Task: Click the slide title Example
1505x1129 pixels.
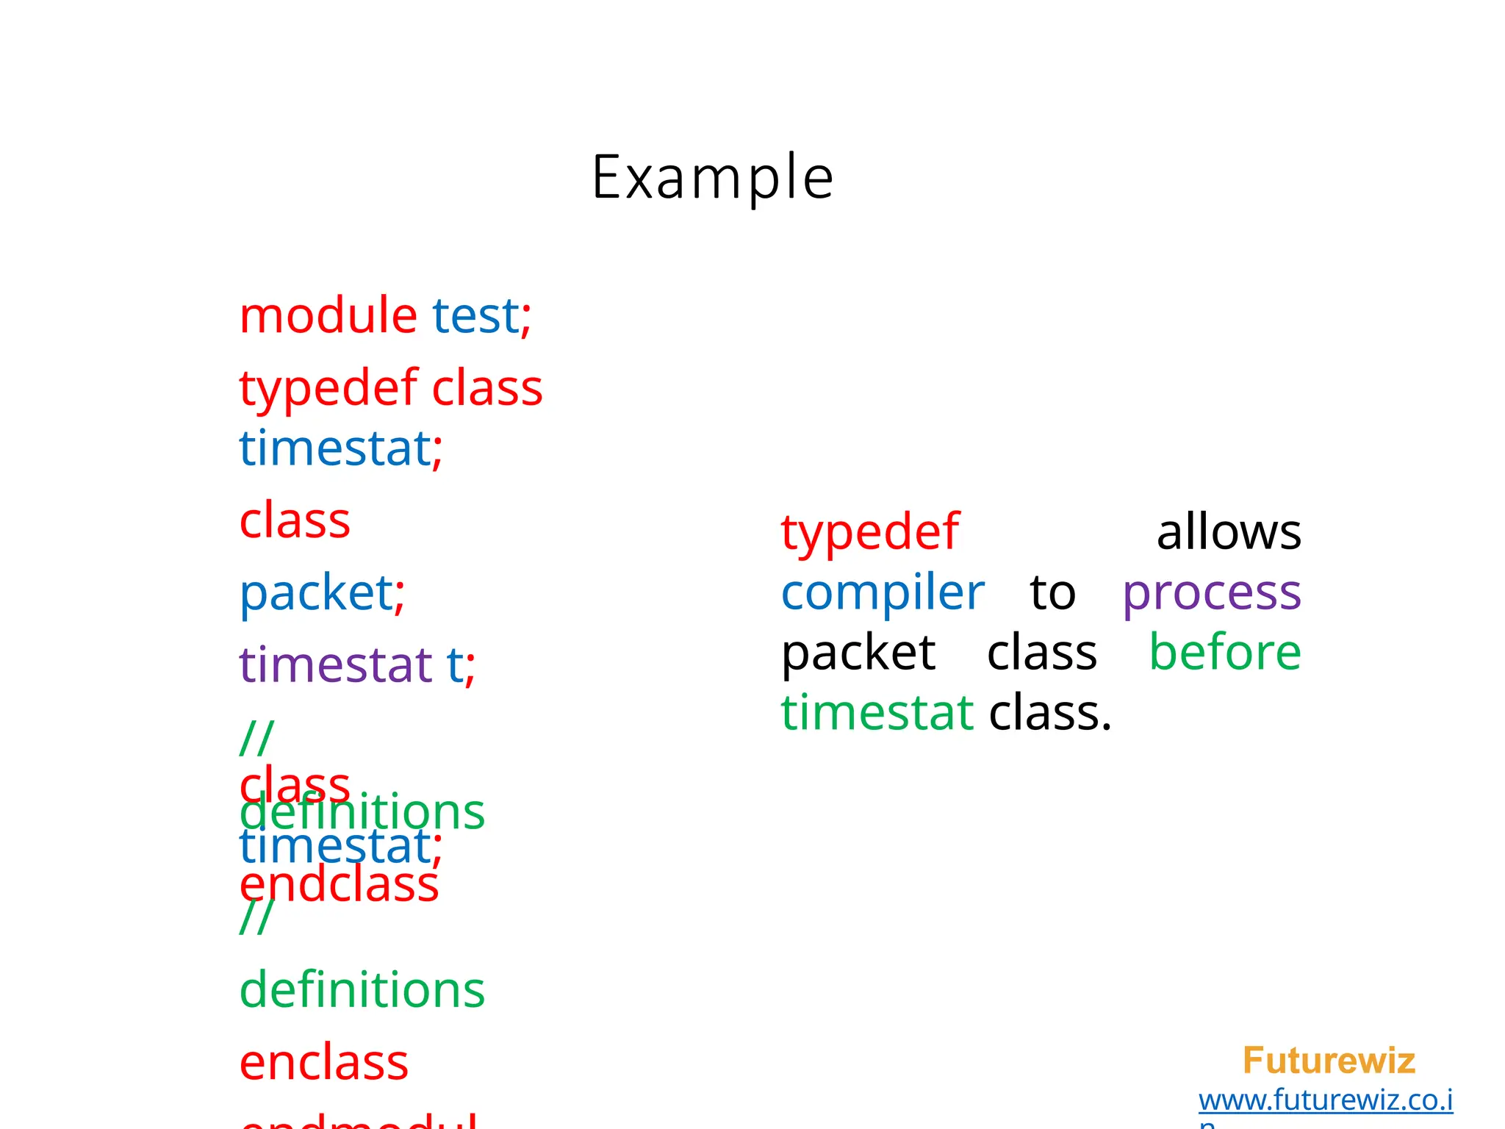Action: (x=712, y=177)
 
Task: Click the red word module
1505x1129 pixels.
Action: (x=328, y=315)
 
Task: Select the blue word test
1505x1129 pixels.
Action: (x=475, y=315)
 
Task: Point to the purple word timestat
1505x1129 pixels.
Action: (x=335, y=664)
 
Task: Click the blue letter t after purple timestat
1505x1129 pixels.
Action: (x=455, y=664)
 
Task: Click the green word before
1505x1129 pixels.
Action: (x=1225, y=652)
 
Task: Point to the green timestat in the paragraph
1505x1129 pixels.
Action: (x=877, y=712)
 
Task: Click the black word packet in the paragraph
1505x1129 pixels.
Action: (x=858, y=652)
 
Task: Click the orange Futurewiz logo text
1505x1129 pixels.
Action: (x=1329, y=1061)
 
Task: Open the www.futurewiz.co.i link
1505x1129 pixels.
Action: (x=1326, y=1100)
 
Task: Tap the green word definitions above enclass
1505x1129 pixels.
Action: (x=362, y=989)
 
